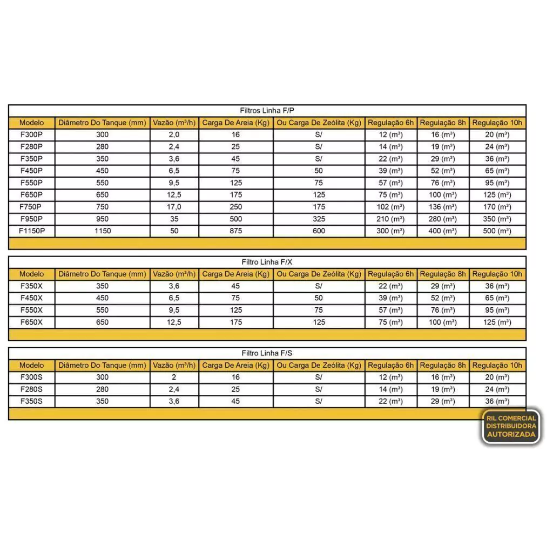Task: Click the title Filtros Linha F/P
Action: point(267,110)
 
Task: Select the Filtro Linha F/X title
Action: point(267,262)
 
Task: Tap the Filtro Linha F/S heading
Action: point(267,353)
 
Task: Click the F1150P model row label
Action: point(32,231)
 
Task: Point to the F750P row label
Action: point(32,207)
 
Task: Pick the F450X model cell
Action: point(32,298)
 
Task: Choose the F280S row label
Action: point(32,389)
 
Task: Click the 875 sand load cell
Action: point(235,231)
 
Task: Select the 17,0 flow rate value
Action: point(174,207)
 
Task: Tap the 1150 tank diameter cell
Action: point(102,231)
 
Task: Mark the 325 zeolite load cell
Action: point(319,219)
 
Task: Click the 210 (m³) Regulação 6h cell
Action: point(391,219)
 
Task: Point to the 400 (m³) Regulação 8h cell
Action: point(442,231)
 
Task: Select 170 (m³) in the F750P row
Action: point(497,207)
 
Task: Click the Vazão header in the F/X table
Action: point(174,274)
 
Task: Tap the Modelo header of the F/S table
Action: point(32,366)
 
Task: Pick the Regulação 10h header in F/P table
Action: point(497,123)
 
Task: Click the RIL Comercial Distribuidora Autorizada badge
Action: point(510,426)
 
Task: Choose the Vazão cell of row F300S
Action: point(174,377)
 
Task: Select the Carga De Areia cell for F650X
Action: point(235,322)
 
